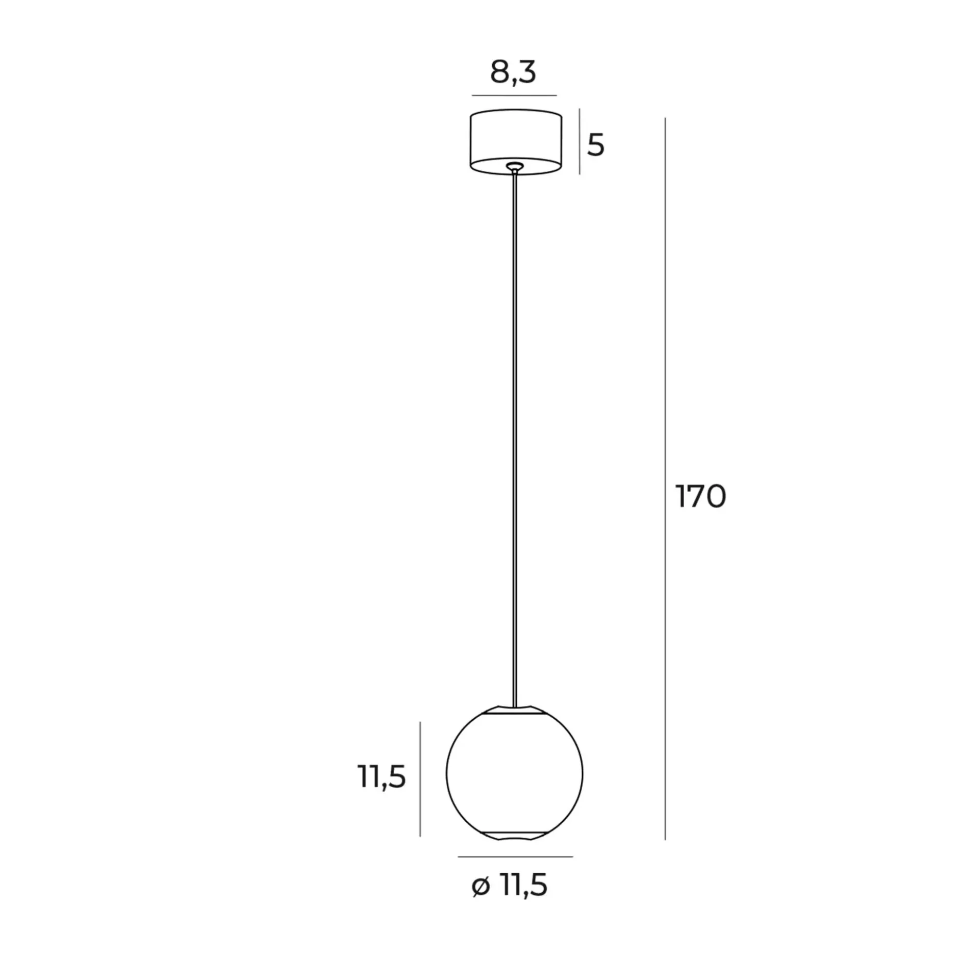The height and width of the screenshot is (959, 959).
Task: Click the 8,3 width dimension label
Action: click(513, 73)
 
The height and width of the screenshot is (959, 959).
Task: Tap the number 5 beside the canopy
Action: click(596, 145)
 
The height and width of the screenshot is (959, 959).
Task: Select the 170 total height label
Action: click(700, 496)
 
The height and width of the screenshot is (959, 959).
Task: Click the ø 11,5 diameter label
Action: click(510, 885)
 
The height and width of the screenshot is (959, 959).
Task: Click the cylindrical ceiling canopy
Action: click(516, 142)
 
